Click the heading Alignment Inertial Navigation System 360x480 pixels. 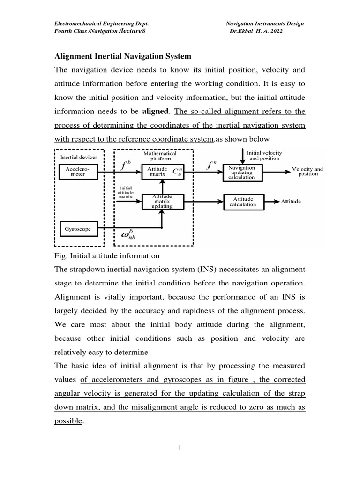click(x=123, y=56)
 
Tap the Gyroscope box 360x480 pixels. click(x=78, y=229)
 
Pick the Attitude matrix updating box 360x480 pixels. click(x=162, y=202)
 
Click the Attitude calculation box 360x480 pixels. click(x=243, y=202)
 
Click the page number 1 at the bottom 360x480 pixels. click(x=180, y=449)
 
